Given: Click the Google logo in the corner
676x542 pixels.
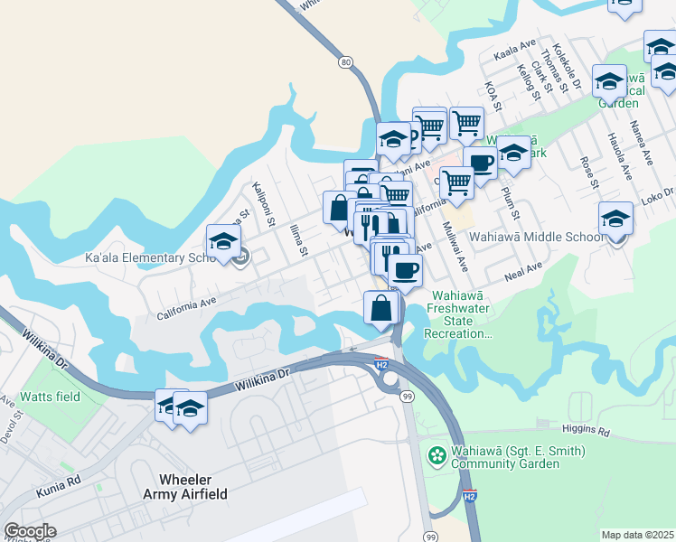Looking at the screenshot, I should tap(30, 531).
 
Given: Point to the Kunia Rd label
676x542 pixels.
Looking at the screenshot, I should tap(60, 488).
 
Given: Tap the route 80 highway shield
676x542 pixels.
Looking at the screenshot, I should tap(346, 62).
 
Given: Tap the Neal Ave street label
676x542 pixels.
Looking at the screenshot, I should tap(523, 269).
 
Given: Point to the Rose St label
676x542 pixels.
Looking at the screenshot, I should tap(587, 171).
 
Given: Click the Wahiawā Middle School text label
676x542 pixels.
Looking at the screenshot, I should tap(534, 237).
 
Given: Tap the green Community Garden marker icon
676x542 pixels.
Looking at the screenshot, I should tap(437, 454).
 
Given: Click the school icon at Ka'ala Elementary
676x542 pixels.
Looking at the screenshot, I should tap(223, 243).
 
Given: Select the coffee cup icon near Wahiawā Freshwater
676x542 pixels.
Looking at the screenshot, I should tap(405, 269).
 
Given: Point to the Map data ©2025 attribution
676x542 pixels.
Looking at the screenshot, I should tap(637, 535).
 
